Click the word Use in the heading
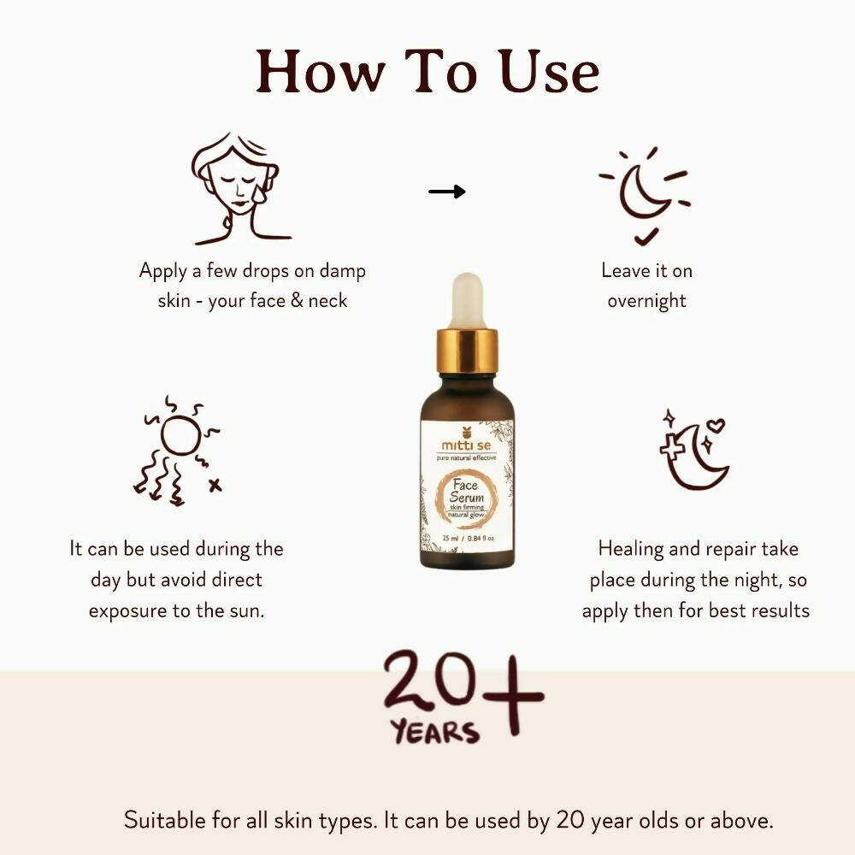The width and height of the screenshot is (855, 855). click(x=549, y=73)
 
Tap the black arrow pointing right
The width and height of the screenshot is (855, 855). click(x=446, y=192)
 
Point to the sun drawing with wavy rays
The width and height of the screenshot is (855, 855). click(x=178, y=451)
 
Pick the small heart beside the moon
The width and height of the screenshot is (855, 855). click(x=716, y=425)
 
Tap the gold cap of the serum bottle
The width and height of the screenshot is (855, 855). click(x=468, y=351)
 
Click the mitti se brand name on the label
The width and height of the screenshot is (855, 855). click(x=466, y=445)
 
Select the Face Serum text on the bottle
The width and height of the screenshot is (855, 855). click(x=466, y=491)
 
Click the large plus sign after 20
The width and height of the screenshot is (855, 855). click(x=513, y=696)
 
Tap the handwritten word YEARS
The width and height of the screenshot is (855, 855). click(x=435, y=732)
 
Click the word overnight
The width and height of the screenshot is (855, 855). click(x=646, y=300)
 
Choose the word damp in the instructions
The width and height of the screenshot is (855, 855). click(x=342, y=271)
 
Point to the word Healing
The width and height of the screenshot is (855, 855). click(x=630, y=549)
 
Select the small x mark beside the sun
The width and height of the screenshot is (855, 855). click(x=215, y=485)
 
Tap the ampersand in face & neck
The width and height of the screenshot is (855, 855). click(x=298, y=300)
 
